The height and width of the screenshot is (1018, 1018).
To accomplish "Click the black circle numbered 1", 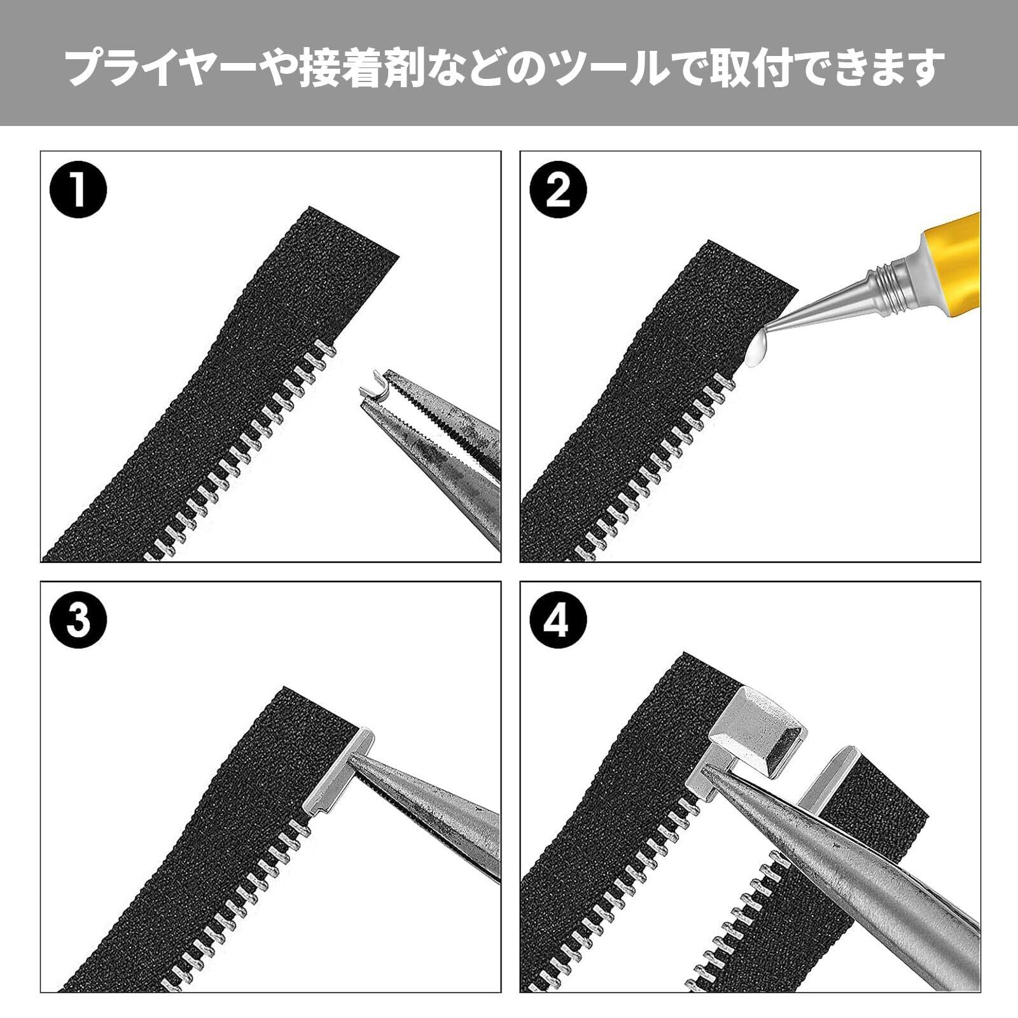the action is pyautogui.click(x=78, y=190).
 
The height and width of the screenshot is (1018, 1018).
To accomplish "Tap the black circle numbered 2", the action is pyautogui.click(x=557, y=190).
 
